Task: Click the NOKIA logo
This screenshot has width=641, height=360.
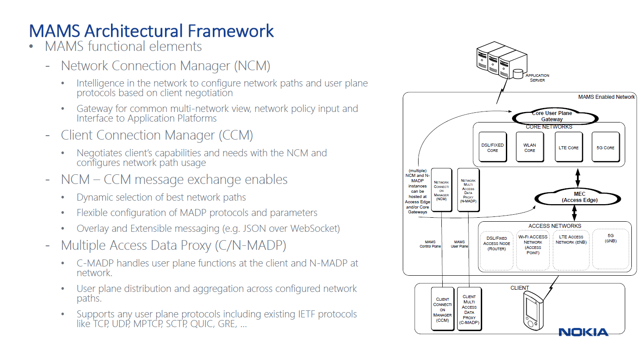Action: pos(583,332)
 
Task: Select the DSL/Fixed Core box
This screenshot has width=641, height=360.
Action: pos(493,148)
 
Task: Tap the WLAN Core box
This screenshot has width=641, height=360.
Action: pos(530,148)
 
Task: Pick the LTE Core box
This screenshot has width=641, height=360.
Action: pos(569,148)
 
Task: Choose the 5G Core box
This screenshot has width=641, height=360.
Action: pos(605,148)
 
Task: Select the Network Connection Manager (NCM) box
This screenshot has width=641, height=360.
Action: pos(441,190)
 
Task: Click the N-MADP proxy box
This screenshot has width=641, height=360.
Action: pos(468,190)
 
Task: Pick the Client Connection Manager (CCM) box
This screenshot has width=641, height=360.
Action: pos(442,309)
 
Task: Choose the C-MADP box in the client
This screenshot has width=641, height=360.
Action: pos(469,309)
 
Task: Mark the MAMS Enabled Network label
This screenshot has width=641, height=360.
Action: pos(606,97)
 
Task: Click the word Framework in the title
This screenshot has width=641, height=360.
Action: pos(231,31)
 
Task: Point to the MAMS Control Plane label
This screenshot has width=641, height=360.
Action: pos(430,244)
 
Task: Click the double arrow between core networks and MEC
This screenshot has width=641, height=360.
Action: pos(578,178)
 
